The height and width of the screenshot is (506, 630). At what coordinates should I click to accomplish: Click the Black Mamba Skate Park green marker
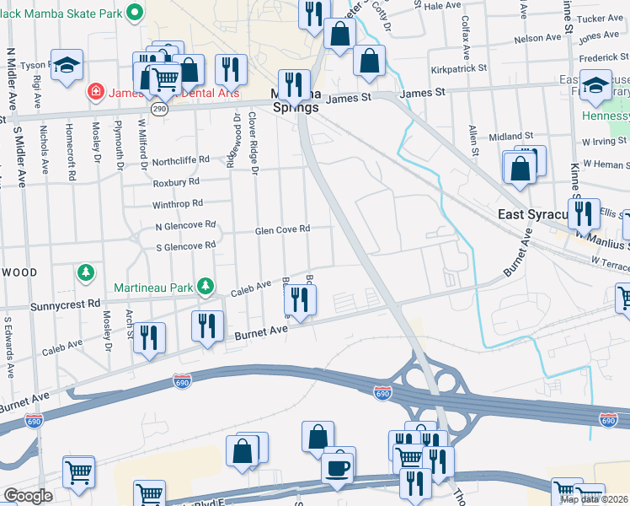(134, 13)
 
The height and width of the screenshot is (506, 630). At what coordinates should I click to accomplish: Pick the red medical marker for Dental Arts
(97, 90)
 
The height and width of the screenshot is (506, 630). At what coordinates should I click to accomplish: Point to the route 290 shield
(158, 109)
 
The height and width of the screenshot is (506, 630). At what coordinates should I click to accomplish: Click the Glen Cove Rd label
(283, 229)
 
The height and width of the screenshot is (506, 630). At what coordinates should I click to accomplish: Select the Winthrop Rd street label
(178, 203)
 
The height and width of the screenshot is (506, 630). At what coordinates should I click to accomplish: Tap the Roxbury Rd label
(175, 181)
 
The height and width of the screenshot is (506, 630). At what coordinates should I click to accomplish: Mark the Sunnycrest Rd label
(65, 303)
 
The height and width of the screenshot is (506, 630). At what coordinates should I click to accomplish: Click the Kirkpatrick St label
(458, 67)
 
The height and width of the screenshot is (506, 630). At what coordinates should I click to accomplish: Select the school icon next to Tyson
(66, 64)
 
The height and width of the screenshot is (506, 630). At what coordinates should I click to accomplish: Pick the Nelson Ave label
(537, 38)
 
